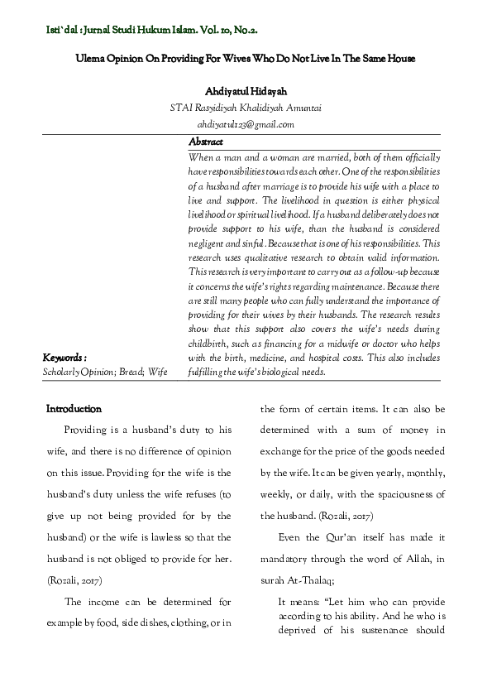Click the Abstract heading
206,142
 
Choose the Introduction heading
74,409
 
